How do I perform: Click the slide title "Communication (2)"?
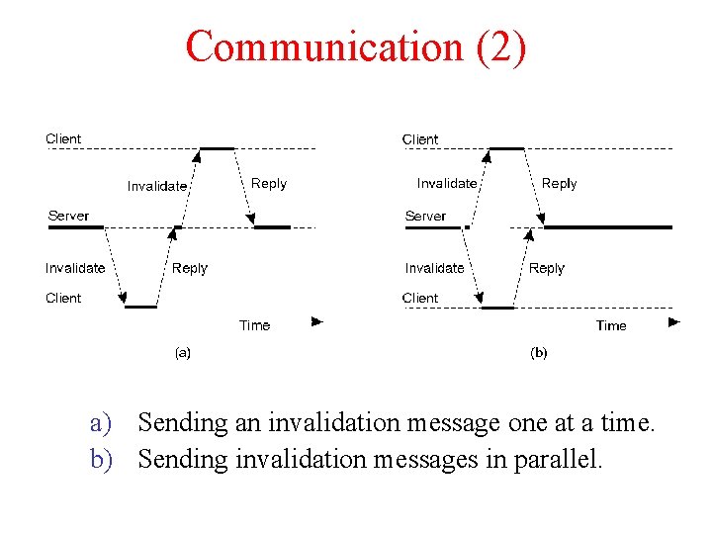(x=356, y=46)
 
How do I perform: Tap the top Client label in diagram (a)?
(x=63, y=138)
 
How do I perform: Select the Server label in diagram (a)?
(x=68, y=216)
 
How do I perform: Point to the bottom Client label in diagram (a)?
(x=63, y=298)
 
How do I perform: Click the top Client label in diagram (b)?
(x=420, y=139)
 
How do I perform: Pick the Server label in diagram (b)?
(x=425, y=216)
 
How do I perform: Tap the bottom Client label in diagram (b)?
(x=420, y=298)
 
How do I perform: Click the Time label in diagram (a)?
(x=254, y=325)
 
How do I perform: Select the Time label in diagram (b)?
(x=611, y=325)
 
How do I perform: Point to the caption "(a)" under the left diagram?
(x=183, y=352)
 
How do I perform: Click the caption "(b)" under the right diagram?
(x=539, y=352)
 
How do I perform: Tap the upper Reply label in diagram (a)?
(x=269, y=183)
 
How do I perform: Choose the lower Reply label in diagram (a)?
(x=190, y=268)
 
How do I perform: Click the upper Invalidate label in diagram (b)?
(x=447, y=183)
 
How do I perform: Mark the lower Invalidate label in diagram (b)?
(x=434, y=268)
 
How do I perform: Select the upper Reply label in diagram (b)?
(x=559, y=183)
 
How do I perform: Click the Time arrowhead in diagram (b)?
(x=674, y=321)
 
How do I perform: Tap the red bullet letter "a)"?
(x=103, y=424)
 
